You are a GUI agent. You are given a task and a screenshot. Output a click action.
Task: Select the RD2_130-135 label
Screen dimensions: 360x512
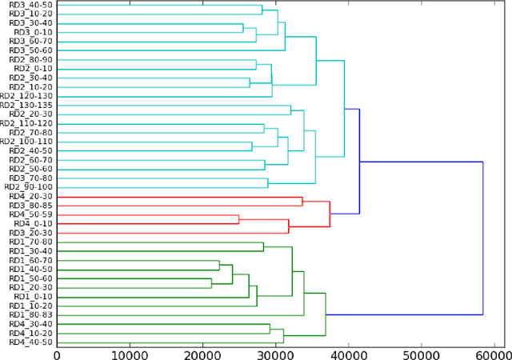26,105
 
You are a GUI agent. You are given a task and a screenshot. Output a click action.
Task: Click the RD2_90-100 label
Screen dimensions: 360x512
29,186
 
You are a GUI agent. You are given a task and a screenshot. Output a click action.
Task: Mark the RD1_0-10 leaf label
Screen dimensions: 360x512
34,296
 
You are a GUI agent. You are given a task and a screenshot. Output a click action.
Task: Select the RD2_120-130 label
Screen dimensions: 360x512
26,95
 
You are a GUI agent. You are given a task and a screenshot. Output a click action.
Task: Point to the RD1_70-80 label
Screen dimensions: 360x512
30,242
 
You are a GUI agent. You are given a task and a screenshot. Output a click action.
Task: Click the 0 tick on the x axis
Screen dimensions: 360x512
56,353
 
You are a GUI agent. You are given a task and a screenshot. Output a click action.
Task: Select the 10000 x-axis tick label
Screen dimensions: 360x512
129,353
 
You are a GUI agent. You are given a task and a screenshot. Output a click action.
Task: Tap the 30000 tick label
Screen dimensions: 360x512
275,353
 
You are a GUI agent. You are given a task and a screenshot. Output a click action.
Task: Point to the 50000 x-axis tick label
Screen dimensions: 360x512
421,353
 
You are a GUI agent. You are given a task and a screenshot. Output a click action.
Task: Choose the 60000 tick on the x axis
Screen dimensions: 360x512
494,353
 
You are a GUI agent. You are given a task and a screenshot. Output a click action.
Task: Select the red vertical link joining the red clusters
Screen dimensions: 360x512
330,214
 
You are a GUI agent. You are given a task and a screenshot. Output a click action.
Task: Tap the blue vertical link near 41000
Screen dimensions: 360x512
359,161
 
